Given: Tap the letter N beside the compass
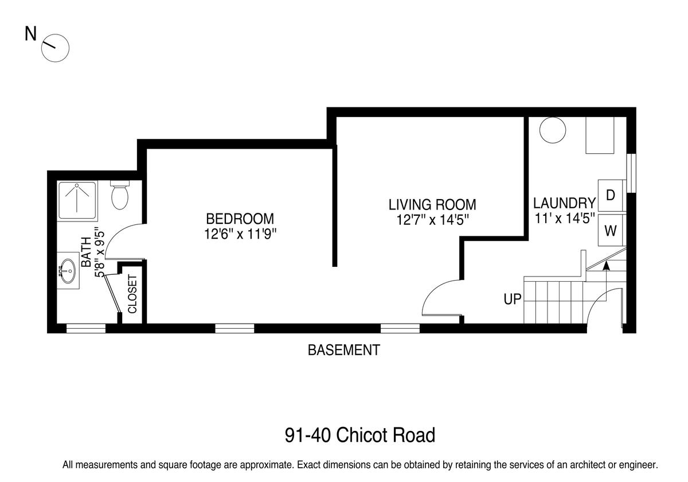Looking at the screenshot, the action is point(30,33).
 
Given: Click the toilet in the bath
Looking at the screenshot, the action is point(120,195).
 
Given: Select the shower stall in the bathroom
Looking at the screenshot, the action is point(78,200).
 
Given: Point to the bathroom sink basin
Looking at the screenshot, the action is point(68,270).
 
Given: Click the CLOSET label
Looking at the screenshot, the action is point(132,294).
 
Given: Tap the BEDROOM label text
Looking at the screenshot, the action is point(240,219).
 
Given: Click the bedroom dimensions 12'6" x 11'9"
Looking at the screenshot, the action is point(240,234).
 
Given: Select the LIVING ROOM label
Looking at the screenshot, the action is point(432,205).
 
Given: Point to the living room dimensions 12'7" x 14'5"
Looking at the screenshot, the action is point(432,220).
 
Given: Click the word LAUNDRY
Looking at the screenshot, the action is point(565,203).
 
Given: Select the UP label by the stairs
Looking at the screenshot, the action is point(513,299).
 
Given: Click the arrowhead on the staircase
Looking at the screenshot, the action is point(606,266).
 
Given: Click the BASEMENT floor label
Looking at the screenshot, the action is point(343,350).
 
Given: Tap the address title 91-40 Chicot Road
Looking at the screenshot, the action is point(360,435).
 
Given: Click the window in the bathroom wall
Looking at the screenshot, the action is point(86,328).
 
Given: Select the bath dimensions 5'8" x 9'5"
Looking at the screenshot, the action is point(100,252).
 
